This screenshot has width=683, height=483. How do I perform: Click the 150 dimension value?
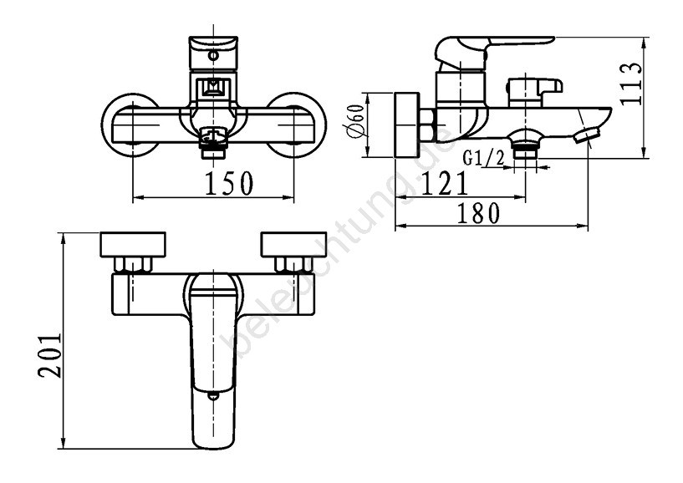pos(229,183)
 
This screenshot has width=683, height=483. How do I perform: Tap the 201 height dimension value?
pos(48,356)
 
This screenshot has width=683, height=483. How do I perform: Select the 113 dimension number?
pos(630,84)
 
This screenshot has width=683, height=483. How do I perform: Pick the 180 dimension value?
pos(478,213)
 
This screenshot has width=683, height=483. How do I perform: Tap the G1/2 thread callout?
pos(484,158)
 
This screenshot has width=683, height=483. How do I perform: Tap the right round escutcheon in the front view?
pos(296,125)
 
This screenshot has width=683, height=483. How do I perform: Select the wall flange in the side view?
pos(407,125)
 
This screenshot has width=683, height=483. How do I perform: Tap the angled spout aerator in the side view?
pos(587,135)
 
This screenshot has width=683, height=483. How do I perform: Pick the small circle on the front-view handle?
pos(213,56)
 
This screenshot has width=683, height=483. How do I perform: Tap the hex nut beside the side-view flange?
pos(427,125)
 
